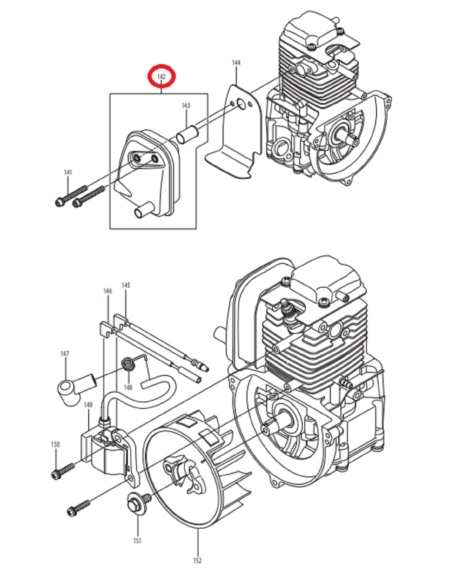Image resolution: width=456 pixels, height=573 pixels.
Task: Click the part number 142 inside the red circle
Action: [x=161, y=77]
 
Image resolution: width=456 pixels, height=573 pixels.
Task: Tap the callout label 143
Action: [x=186, y=106]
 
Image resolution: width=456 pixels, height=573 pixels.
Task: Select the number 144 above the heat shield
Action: [x=236, y=62]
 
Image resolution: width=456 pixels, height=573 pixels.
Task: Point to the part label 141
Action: [x=68, y=172]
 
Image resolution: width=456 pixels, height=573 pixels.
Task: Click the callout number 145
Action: [x=126, y=285]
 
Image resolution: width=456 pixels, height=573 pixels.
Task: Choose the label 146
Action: [x=107, y=291]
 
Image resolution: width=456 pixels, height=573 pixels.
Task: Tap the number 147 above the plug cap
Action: [x=65, y=354]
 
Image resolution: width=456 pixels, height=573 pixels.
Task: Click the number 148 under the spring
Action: [x=128, y=387]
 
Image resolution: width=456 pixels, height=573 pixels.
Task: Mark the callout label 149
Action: [x=88, y=405]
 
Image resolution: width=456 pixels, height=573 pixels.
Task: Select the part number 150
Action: [x=55, y=444]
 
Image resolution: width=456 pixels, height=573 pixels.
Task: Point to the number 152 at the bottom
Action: [x=197, y=560]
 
